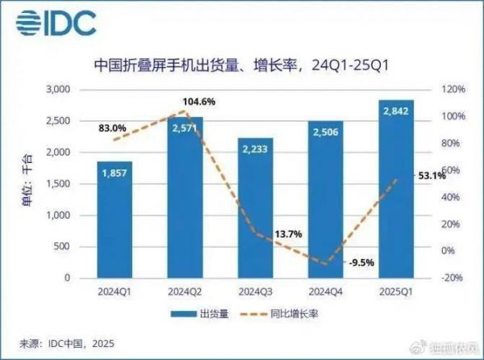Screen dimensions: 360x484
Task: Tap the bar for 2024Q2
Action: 185,198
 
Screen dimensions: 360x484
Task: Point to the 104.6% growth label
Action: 200,101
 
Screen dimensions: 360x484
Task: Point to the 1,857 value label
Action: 115,172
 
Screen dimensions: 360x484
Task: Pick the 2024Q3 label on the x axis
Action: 256,291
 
